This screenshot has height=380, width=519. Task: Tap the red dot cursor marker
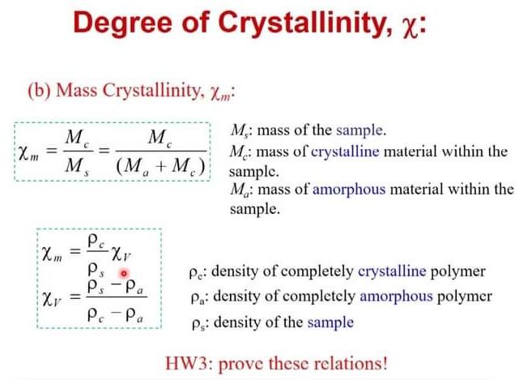[x=125, y=275]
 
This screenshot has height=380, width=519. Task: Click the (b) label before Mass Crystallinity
[x=39, y=92]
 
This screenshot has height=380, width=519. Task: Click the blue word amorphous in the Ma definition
[x=372, y=190]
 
